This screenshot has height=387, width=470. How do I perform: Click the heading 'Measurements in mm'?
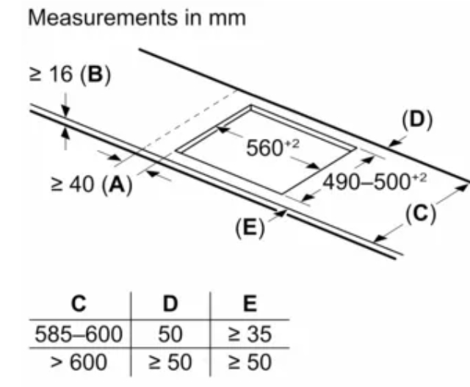coord(137,18)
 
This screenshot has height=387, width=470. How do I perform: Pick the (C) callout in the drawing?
coord(420,214)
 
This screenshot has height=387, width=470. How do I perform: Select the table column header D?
coord(170,303)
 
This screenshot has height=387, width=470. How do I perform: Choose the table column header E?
coord(250,303)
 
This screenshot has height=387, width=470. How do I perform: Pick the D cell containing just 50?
coord(170,335)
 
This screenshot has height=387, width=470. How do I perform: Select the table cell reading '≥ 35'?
coord(250,335)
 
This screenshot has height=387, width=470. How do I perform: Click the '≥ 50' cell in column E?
coord(250,362)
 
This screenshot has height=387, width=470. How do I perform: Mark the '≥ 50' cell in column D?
coord(170,362)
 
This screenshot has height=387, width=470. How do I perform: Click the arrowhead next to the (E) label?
coord(281,214)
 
